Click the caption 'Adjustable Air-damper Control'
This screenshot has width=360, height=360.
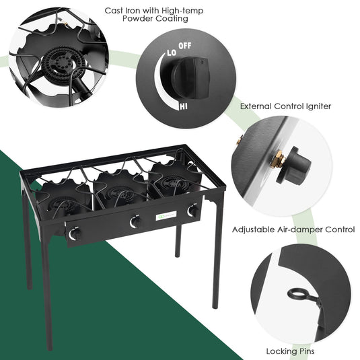tap(293, 229)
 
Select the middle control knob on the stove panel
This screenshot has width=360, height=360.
tap(135, 222)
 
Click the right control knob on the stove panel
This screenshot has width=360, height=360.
tap(191, 211)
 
